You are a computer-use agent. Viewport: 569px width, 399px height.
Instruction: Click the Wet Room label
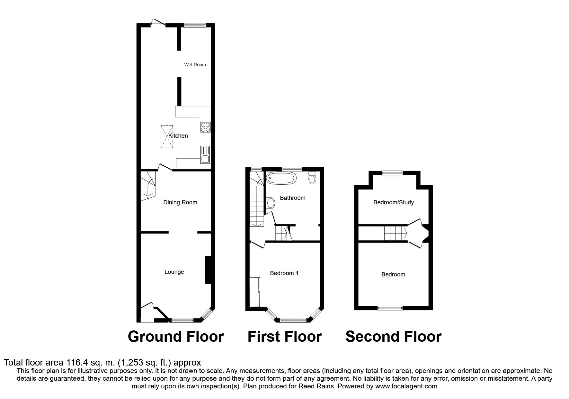[195, 65]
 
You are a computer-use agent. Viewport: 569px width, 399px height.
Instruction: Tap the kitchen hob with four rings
[205, 127]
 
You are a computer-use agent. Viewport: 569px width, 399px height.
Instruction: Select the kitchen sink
[205, 154]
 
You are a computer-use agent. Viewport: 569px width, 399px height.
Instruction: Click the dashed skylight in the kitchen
[166, 137]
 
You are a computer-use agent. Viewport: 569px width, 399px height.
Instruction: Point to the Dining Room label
[180, 202]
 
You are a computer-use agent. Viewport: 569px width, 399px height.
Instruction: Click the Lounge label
[174, 272]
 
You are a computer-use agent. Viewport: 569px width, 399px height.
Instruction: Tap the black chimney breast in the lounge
[208, 270]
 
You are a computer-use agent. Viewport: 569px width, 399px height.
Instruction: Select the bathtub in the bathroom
[280, 178]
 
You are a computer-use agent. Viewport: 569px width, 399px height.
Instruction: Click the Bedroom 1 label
[284, 273]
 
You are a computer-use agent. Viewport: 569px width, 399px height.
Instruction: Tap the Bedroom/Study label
[393, 202]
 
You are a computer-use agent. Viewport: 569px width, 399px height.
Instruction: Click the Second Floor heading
[393, 337]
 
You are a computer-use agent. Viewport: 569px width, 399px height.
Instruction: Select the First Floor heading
[284, 337]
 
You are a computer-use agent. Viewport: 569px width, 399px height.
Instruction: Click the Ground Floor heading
[175, 337]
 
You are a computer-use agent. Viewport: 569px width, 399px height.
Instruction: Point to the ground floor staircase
[148, 186]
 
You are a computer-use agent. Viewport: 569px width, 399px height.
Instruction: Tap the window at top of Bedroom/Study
[392, 173]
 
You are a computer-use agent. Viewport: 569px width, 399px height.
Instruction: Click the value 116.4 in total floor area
[76, 363]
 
